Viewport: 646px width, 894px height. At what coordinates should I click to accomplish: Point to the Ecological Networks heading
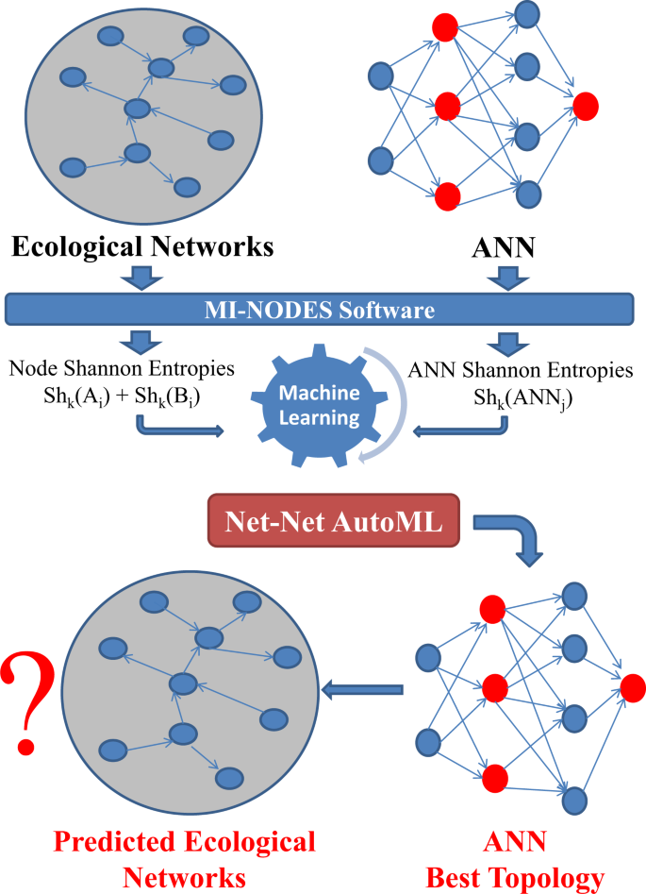(142, 247)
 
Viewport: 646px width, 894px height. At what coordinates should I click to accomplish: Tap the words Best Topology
(516, 877)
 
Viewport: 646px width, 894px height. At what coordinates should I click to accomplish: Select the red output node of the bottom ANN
(633, 687)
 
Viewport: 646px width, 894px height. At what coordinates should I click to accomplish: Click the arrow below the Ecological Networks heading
(142, 278)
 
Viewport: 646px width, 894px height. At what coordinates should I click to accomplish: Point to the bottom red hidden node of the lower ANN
(491, 779)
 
